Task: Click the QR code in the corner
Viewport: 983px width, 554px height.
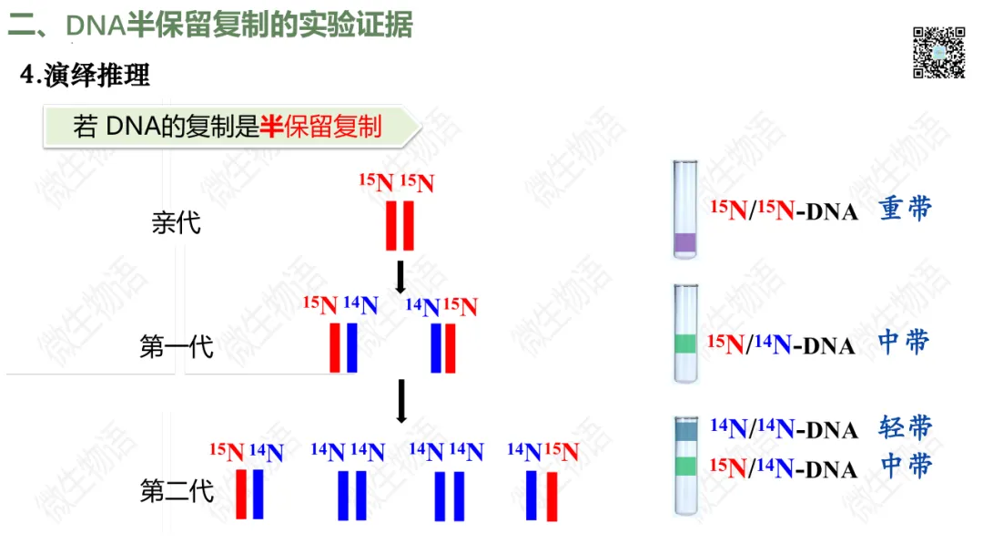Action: (x=938, y=52)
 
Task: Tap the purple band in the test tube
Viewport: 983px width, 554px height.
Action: (x=684, y=242)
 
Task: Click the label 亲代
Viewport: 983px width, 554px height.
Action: (x=176, y=222)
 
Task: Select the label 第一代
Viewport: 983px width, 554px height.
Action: (x=176, y=347)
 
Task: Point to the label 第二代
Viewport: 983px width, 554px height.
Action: (x=176, y=491)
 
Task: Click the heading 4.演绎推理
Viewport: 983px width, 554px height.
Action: (x=86, y=76)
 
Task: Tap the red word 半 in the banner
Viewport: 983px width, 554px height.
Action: (x=271, y=127)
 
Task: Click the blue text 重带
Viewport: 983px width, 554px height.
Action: (x=906, y=210)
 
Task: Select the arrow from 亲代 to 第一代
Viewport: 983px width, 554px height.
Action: (x=400, y=277)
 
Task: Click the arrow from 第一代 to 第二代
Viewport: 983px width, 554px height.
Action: (x=400, y=401)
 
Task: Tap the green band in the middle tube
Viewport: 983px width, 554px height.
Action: (x=685, y=344)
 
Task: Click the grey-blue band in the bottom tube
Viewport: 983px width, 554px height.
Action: (x=685, y=428)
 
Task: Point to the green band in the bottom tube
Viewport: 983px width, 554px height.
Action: (x=685, y=467)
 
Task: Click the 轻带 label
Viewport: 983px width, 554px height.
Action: (x=906, y=427)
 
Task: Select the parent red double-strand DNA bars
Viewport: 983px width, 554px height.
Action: (x=400, y=225)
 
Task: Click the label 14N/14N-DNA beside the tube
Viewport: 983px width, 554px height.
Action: (x=784, y=428)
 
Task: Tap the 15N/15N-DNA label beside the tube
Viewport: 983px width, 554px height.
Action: (x=784, y=210)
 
